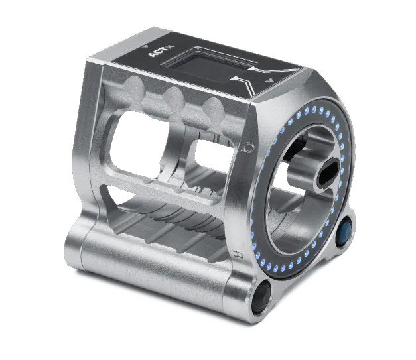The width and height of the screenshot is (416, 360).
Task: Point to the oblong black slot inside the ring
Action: [328, 172]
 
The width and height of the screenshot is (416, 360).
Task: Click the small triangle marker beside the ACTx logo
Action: [145, 46]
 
